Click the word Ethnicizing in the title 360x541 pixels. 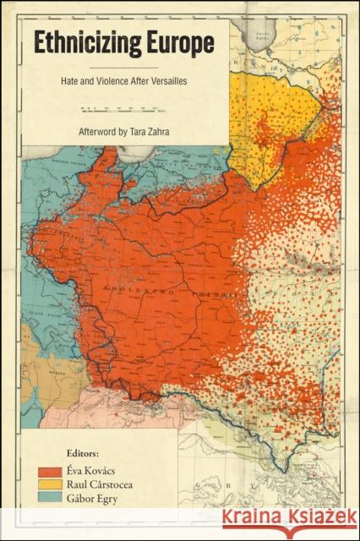click(x=81, y=45)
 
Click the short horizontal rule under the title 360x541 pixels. click(x=123, y=66)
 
